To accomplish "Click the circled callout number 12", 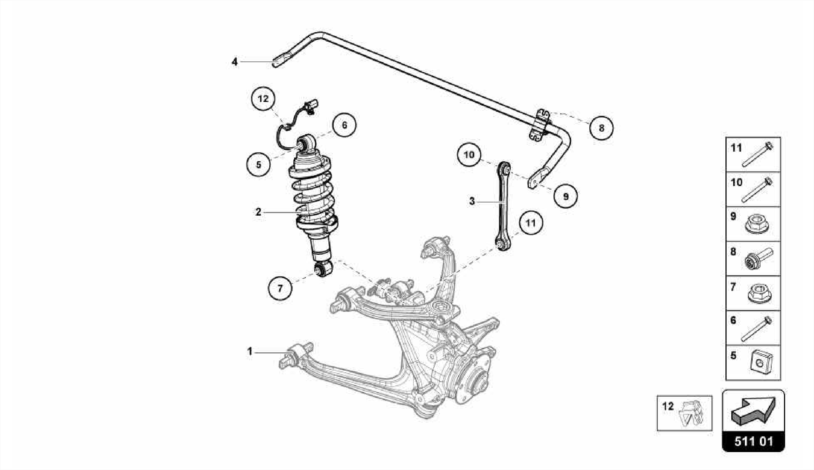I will pyautogui.click(x=264, y=99).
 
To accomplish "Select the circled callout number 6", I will pyautogui.click(x=344, y=125).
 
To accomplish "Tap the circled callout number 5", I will pyautogui.click(x=258, y=164).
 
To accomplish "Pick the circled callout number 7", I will pyautogui.click(x=280, y=288).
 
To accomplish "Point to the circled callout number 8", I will pyautogui.click(x=601, y=128).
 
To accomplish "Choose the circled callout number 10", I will pyautogui.click(x=469, y=155).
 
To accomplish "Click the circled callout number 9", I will pyautogui.click(x=565, y=196).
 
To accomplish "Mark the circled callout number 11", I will pyautogui.click(x=531, y=223).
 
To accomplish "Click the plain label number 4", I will pyautogui.click(x=235, y=62).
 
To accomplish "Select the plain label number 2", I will pyautogui.click(x=258, y=212).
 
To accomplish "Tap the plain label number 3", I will pyautogui.click(x=472, y=201).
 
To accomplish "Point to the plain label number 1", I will pyautogui.click(x=250, y=352).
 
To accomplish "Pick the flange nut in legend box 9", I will pyautogui.click(x=758, y=225).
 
